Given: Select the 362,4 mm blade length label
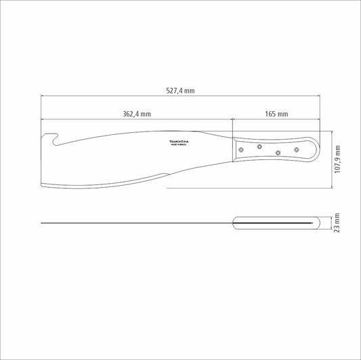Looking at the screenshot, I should pos(137,114).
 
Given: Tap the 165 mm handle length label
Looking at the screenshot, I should pos(277,114).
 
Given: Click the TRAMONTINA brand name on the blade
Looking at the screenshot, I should pos(181,142).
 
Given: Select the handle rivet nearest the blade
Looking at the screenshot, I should pos(241,148).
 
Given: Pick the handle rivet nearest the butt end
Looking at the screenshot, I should pos(297,148).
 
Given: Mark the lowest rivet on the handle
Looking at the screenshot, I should pos(278,152).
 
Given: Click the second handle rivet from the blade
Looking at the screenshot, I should pos(259,144).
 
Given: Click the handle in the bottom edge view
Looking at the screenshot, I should pos(278,222).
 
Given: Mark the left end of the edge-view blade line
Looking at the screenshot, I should pos(41,222).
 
